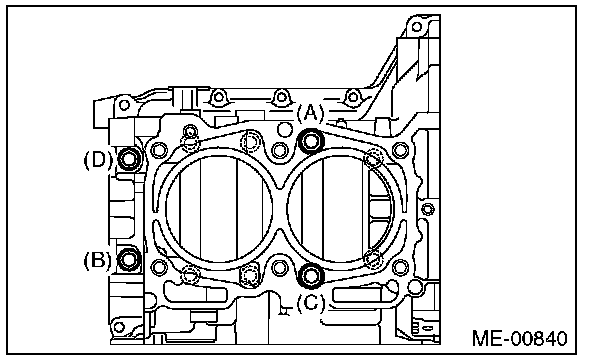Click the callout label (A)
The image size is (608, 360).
tap(310, 113)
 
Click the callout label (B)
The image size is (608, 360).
tap(97, 260)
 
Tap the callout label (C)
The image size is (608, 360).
tap(311, 303)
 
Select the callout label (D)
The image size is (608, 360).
tap(98, 159)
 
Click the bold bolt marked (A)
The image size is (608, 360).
tap(311, 141)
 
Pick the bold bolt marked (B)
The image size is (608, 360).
tap(129, 259)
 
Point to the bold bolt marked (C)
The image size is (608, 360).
tap(311, 275)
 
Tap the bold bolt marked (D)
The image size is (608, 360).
tap(129, 158)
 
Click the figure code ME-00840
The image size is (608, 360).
tap(520, 338)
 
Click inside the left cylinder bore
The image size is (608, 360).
tap(219, 209)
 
